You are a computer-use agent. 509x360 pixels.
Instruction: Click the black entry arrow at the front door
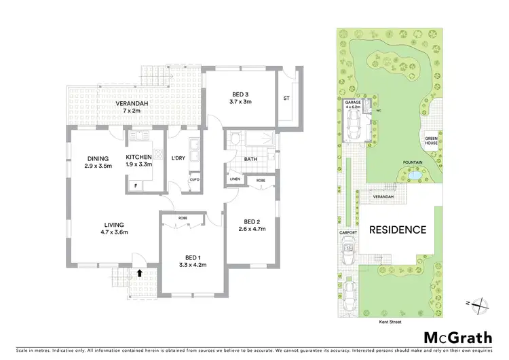[140, 273]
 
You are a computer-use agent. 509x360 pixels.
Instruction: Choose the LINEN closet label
[235, 180]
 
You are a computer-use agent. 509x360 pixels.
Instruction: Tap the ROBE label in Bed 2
[260, 180]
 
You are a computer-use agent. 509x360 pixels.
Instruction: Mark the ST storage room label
[286, 98]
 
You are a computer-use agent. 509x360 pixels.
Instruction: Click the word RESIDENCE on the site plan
[397, 230]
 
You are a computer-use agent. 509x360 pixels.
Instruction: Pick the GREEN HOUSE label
[431, 141]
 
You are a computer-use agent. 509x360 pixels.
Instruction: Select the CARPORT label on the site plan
[347, 233]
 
